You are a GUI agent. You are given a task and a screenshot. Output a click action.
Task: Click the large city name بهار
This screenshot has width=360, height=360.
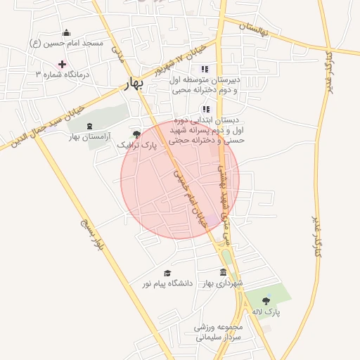tap(132, 84)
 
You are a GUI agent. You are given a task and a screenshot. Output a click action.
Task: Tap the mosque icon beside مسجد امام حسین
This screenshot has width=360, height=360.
tap(67, 32)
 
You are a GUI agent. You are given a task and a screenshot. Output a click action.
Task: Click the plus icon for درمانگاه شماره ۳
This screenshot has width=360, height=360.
tap(63, 64)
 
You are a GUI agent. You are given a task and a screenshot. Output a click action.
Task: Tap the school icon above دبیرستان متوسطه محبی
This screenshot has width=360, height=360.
tap(205, 69)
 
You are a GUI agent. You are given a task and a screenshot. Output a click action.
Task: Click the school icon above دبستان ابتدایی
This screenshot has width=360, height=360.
tap(205, 109)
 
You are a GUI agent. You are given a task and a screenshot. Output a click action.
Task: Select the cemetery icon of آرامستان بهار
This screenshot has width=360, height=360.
tap(89, 127)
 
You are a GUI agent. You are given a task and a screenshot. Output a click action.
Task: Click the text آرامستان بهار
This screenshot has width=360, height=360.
tap(90, 138)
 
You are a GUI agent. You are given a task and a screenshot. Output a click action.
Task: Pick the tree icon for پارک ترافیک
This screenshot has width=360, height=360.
tap(136, 134)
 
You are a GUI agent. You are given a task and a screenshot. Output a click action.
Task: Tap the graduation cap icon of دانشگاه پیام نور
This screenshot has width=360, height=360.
tap(167, 273)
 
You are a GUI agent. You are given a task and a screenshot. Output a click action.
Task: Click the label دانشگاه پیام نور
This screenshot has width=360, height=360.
tap(167, 283)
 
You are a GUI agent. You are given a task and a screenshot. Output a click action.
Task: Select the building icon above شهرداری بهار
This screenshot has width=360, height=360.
tap(223, 272)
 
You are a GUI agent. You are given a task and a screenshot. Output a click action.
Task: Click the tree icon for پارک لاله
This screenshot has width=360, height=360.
tap(266, 301)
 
